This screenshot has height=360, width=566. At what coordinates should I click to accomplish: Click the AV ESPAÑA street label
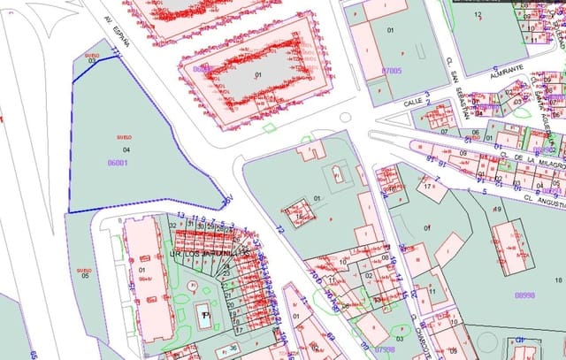coord(117,35)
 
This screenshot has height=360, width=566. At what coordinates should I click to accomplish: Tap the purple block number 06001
coord(117,163)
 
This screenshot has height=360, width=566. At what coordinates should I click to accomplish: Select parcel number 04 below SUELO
coord(126,150)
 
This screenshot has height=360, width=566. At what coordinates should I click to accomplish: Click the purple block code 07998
coord(385,349)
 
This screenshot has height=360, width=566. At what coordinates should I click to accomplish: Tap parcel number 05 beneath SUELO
coord(86,276)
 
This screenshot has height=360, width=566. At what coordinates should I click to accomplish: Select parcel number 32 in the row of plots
coord(172,226)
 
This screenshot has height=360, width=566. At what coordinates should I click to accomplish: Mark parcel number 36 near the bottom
coord(233,348)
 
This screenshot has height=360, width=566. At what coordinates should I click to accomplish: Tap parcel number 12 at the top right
coord(478,15)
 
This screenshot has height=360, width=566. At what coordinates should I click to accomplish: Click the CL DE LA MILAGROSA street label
coord(533,159)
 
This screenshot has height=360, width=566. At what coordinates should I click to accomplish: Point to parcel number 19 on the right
coord(498,210)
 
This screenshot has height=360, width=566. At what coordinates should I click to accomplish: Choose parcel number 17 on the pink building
coord(429,188)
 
